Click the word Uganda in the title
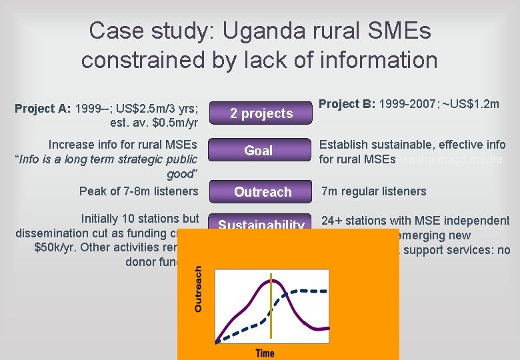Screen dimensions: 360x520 (x=269, y=30)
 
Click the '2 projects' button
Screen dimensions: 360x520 (x=261, y=113)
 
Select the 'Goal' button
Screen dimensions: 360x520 (x=259, y=151)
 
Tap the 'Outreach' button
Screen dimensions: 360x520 (x=263, y=192)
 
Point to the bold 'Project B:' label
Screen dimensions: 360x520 (x=347, y=104)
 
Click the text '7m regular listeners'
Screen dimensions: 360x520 (x=374, y=191)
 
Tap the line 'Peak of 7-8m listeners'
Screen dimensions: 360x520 (x=139, y=191)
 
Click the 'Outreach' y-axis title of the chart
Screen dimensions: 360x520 (x=198, y=289)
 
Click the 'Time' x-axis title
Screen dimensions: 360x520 (x=265, y=352)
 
